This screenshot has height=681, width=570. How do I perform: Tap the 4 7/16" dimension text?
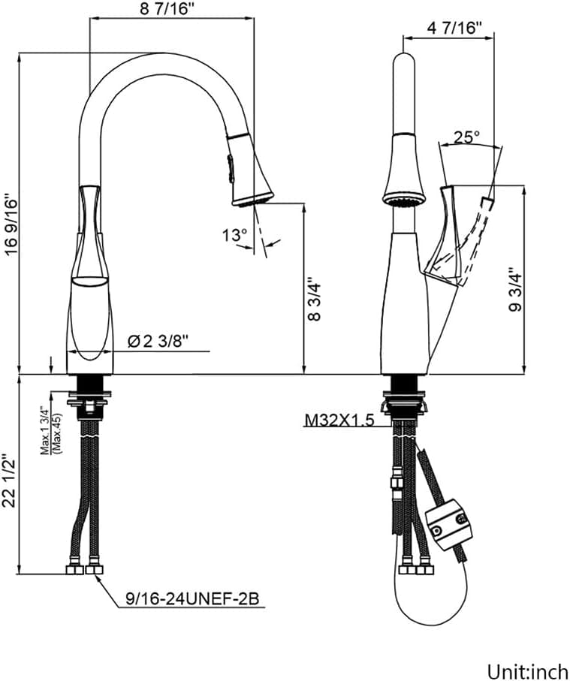tap(454, 28)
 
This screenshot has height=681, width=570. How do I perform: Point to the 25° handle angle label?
tap(466, 137)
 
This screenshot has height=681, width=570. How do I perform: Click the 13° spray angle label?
tap(234, 236)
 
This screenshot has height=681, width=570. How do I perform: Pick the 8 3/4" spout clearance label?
tap(314, 300)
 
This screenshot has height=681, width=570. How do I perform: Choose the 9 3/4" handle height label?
tap(515, 289)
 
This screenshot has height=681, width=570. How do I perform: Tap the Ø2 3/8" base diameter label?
tap(158, 342)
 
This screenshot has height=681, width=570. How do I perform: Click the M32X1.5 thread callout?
tap(339, 420)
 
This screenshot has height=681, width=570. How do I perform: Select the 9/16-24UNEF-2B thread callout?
tap(192, 599)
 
